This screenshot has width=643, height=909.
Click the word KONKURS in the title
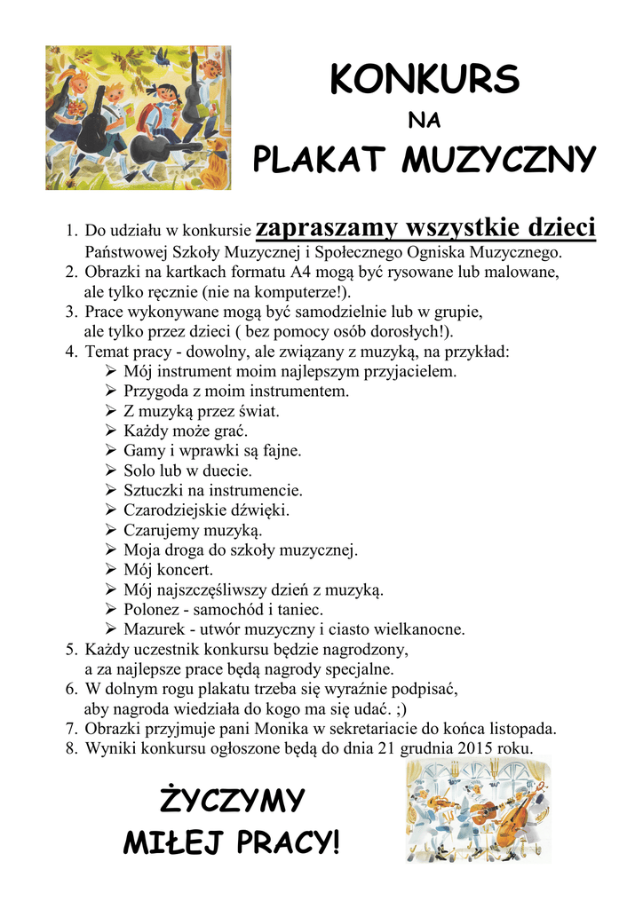[x=424, y=80]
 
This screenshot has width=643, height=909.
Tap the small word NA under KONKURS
[x=423, y=121]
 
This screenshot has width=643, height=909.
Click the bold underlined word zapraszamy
[x=325, y=229]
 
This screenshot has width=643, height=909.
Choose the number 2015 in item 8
[x=476, y=748]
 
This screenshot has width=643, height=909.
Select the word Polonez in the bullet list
[x=153, y=610]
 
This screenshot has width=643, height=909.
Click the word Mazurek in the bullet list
[x=155, y=629]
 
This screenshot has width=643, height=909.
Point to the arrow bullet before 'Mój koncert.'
[x=110, y=569]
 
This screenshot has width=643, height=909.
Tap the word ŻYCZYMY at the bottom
[x=232, y=801]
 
